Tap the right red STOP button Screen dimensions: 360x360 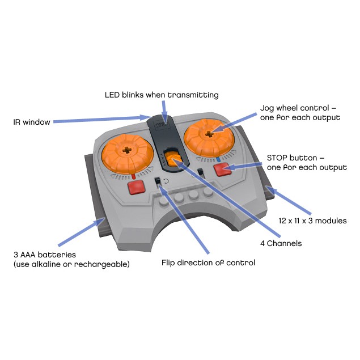tap(222, 168)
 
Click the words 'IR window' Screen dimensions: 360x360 tap(32, 121)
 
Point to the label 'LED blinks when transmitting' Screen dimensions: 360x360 tap(162, 95)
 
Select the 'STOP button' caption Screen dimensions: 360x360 tap(306, 162)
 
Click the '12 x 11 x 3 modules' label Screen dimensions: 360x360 tap(312, 220)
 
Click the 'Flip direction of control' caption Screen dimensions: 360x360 tap(208, 262)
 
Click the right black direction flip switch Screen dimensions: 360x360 tap(200, 172)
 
